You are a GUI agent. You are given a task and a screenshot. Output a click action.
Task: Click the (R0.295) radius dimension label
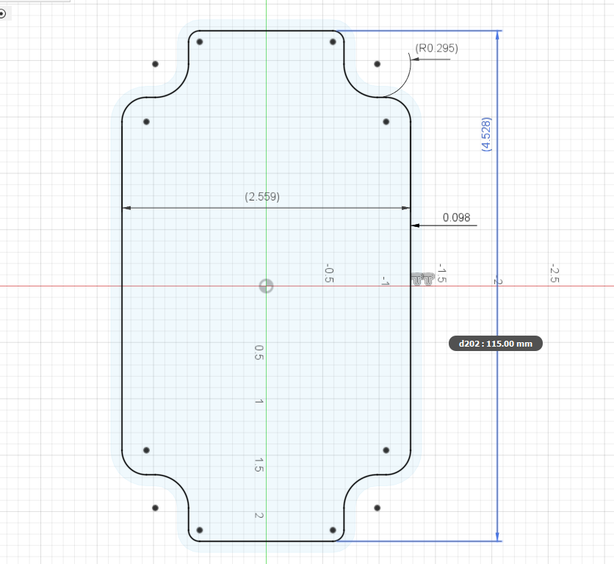[x=436, y=48]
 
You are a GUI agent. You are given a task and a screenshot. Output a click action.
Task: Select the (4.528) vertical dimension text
[x=486, y=134]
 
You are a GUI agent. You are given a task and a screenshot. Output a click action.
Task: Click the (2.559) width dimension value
[x=262, y=197]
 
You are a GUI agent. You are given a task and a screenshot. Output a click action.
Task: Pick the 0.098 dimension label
[x=456, y=217]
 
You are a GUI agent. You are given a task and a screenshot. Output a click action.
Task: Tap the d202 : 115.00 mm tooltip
[x=495, y=343]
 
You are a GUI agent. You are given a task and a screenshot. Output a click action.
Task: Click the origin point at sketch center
[x=267, y=286]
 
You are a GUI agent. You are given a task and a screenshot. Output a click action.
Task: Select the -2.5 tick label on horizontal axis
[x=554, y=274]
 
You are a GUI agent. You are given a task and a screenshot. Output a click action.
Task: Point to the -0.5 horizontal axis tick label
[x=329, y=274]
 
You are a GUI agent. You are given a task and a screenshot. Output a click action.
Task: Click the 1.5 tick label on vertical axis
[x=259, y=464]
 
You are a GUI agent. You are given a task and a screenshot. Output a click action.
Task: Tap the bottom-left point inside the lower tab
[x=199, y=529]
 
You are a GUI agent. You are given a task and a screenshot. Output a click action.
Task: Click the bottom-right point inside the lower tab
[x=333, y=529]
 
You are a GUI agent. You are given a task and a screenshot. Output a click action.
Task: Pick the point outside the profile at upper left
[x=155, y=64]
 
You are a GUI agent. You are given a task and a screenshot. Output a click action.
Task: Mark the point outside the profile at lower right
[x=377, y=507]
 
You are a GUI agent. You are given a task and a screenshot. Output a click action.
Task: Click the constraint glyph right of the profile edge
[x=422, y=279]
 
